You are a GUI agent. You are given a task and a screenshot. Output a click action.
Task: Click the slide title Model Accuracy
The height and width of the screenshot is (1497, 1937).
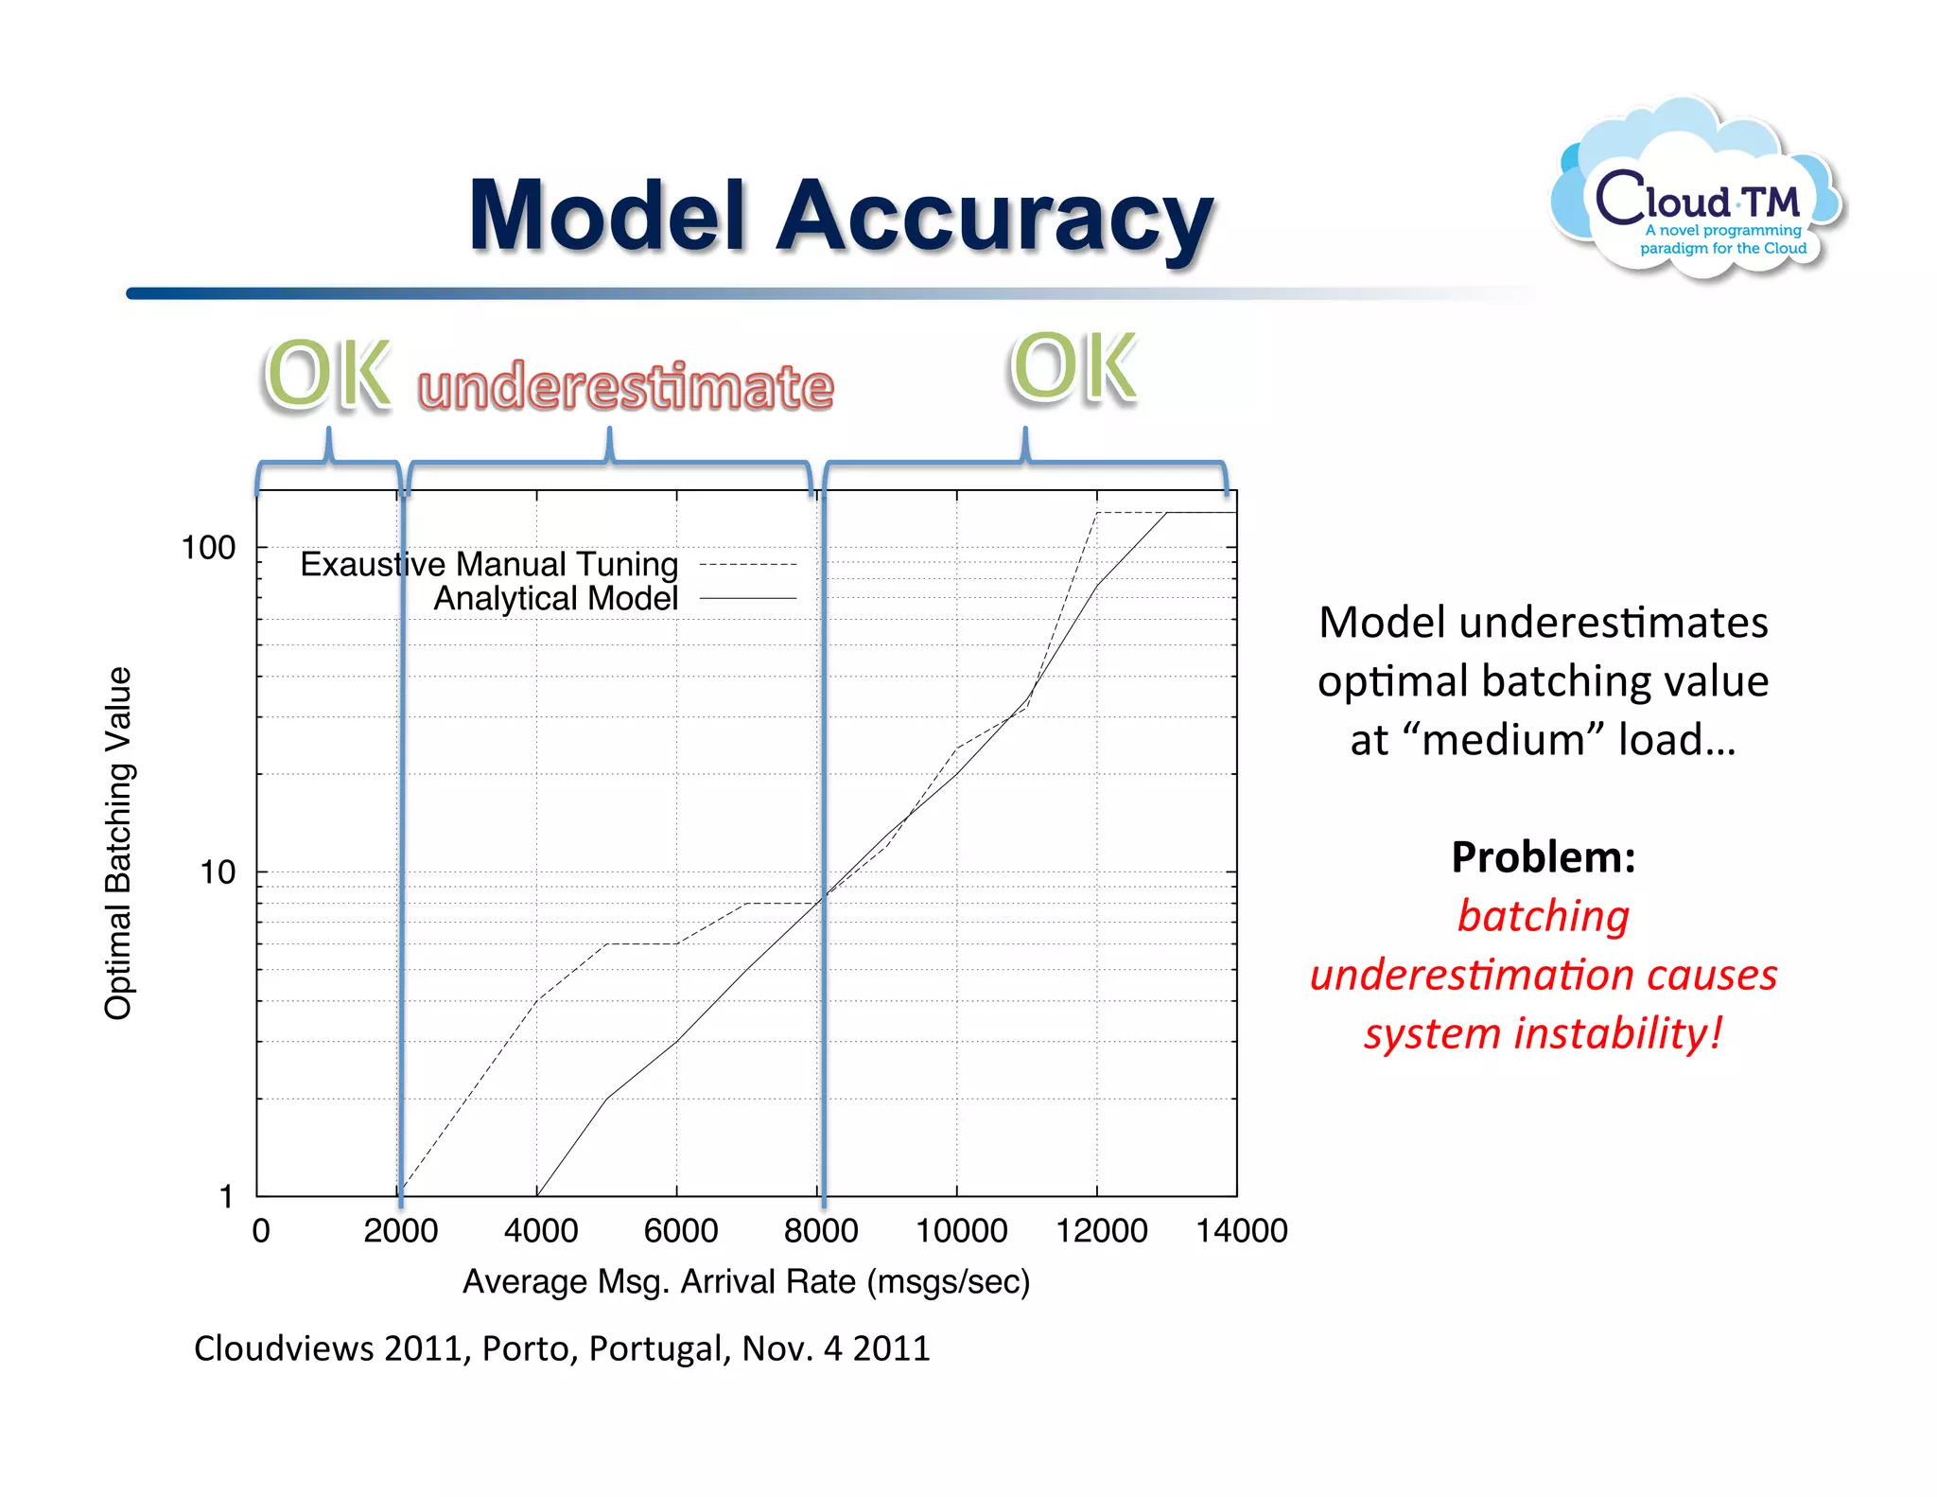(x=841, y=217)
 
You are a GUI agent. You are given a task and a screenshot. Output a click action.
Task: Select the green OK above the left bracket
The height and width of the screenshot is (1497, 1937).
(x=327, y=375)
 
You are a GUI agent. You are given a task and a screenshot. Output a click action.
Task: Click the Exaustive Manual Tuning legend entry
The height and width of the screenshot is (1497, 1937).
(x=489, y=564)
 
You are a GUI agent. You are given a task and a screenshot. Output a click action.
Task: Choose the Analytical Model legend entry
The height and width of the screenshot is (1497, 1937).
(x=556, y=598)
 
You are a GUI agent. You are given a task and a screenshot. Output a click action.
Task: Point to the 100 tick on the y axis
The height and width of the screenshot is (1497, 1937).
(x=208, y=548)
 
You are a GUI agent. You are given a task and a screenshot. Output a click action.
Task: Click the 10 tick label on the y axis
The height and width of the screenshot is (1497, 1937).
(x=217, y=872)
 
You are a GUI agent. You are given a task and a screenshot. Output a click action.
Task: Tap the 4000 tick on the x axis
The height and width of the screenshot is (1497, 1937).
(x=541, y=1231)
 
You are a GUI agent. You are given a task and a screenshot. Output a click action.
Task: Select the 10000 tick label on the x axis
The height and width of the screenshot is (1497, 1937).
(x=961, y=1231)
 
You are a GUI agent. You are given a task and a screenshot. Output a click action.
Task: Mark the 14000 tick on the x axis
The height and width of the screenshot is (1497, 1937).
(x=1241, y=1231)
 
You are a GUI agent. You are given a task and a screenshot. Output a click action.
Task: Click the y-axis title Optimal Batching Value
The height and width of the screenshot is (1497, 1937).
(x=118, y=843)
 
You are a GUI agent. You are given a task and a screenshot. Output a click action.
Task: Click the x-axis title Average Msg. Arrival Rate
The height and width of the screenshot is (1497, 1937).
(x=745, y=1281)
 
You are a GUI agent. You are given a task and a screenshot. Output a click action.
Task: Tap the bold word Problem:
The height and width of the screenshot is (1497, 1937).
(x=1543, y=857)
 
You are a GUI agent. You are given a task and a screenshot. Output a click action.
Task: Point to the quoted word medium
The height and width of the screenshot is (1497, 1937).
(x=1505, y=739)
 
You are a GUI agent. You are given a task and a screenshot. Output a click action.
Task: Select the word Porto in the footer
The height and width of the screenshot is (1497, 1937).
(x=529, y=1348)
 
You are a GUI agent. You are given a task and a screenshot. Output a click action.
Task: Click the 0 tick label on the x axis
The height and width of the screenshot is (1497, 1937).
(x=261, y=1231)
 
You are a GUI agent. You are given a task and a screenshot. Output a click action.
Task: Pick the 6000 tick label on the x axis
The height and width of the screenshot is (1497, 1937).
(x=681, y=1231)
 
